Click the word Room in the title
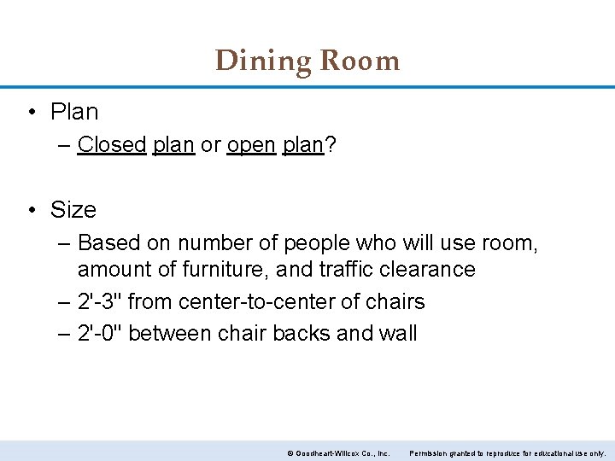click(x=360, y=61)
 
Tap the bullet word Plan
click(x=74, y=112)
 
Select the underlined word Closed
click(x=112, y=145)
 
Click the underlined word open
click(x=251, y=145)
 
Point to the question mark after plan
click(x=330, y=145)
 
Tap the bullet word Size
click(x=73, y=210)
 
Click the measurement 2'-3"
click(x=100, y=301)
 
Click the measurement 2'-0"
click(x=100, y=333)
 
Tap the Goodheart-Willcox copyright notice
click(x=338, y=452)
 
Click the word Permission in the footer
click(x=430, y=452)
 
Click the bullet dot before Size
click(x=32, y=210)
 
